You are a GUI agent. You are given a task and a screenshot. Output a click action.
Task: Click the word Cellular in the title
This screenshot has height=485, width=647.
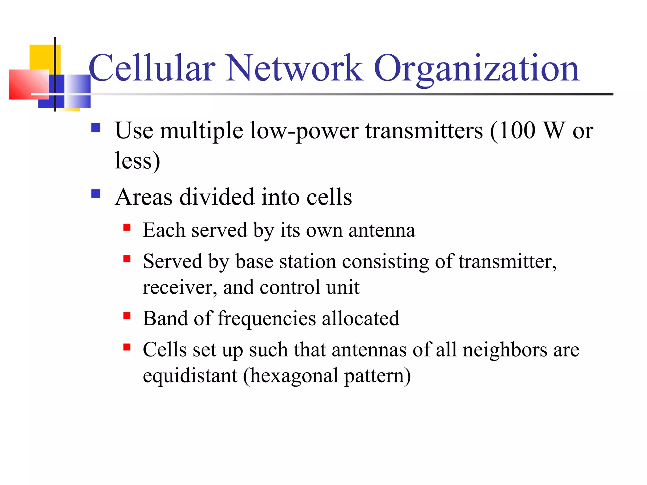pos(152,68)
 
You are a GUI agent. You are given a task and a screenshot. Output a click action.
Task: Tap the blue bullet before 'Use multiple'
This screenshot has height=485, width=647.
pos(96,127)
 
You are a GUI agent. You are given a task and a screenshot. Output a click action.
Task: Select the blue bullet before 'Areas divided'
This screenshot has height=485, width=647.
pos(96,194)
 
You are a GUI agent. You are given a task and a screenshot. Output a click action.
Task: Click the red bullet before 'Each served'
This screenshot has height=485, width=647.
pos(127,227)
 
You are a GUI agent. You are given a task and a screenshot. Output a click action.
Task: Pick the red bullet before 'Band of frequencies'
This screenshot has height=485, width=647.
pos(127,316)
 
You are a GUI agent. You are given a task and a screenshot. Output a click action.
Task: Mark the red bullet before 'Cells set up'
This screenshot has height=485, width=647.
pos(127,347)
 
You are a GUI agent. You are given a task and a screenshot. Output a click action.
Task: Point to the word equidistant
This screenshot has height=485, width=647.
pos(190,376)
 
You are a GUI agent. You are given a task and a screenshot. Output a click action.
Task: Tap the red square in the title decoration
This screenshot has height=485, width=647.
pos(28,84)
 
